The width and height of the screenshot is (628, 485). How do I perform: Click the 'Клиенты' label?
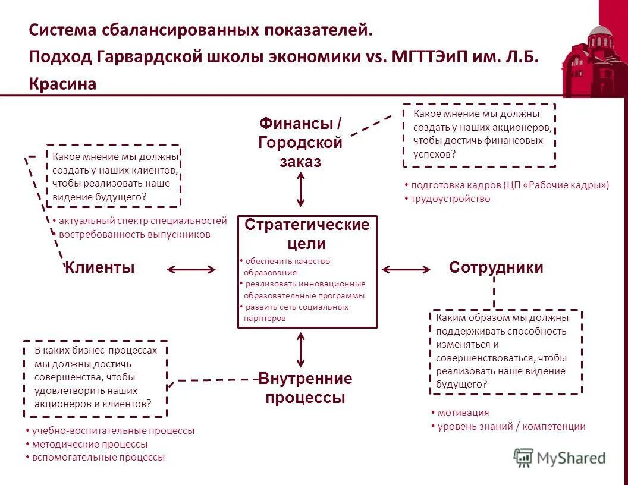point(100,268)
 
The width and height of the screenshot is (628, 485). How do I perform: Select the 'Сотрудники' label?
point(496,267)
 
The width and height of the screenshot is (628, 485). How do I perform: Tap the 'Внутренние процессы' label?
point(305,388)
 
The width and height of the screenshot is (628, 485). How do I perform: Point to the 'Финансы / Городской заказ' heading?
point(300,143)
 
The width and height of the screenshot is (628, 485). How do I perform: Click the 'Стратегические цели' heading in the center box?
point(307,234)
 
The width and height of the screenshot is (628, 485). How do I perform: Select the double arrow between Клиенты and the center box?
point(191,270)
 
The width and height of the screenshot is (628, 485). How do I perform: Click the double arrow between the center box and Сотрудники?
point(406,270)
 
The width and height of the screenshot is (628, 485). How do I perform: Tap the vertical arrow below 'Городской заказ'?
point(300,189)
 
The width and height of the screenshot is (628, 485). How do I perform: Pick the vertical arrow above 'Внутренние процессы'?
point(300,349)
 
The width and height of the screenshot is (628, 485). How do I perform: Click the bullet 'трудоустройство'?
point(450,199)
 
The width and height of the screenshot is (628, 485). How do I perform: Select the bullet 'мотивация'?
point(463,412)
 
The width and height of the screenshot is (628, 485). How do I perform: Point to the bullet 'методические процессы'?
point(89,444)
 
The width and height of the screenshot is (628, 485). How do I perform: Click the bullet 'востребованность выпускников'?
point(134,234)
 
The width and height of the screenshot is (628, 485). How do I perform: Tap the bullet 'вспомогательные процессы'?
point(98,458)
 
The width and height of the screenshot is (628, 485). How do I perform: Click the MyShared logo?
point(560,458)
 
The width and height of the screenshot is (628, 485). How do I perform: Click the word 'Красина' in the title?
point(62,84)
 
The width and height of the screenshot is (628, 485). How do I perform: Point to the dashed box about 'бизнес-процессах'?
point(95,379)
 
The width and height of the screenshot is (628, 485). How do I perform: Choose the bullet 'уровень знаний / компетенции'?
point(511,426)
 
